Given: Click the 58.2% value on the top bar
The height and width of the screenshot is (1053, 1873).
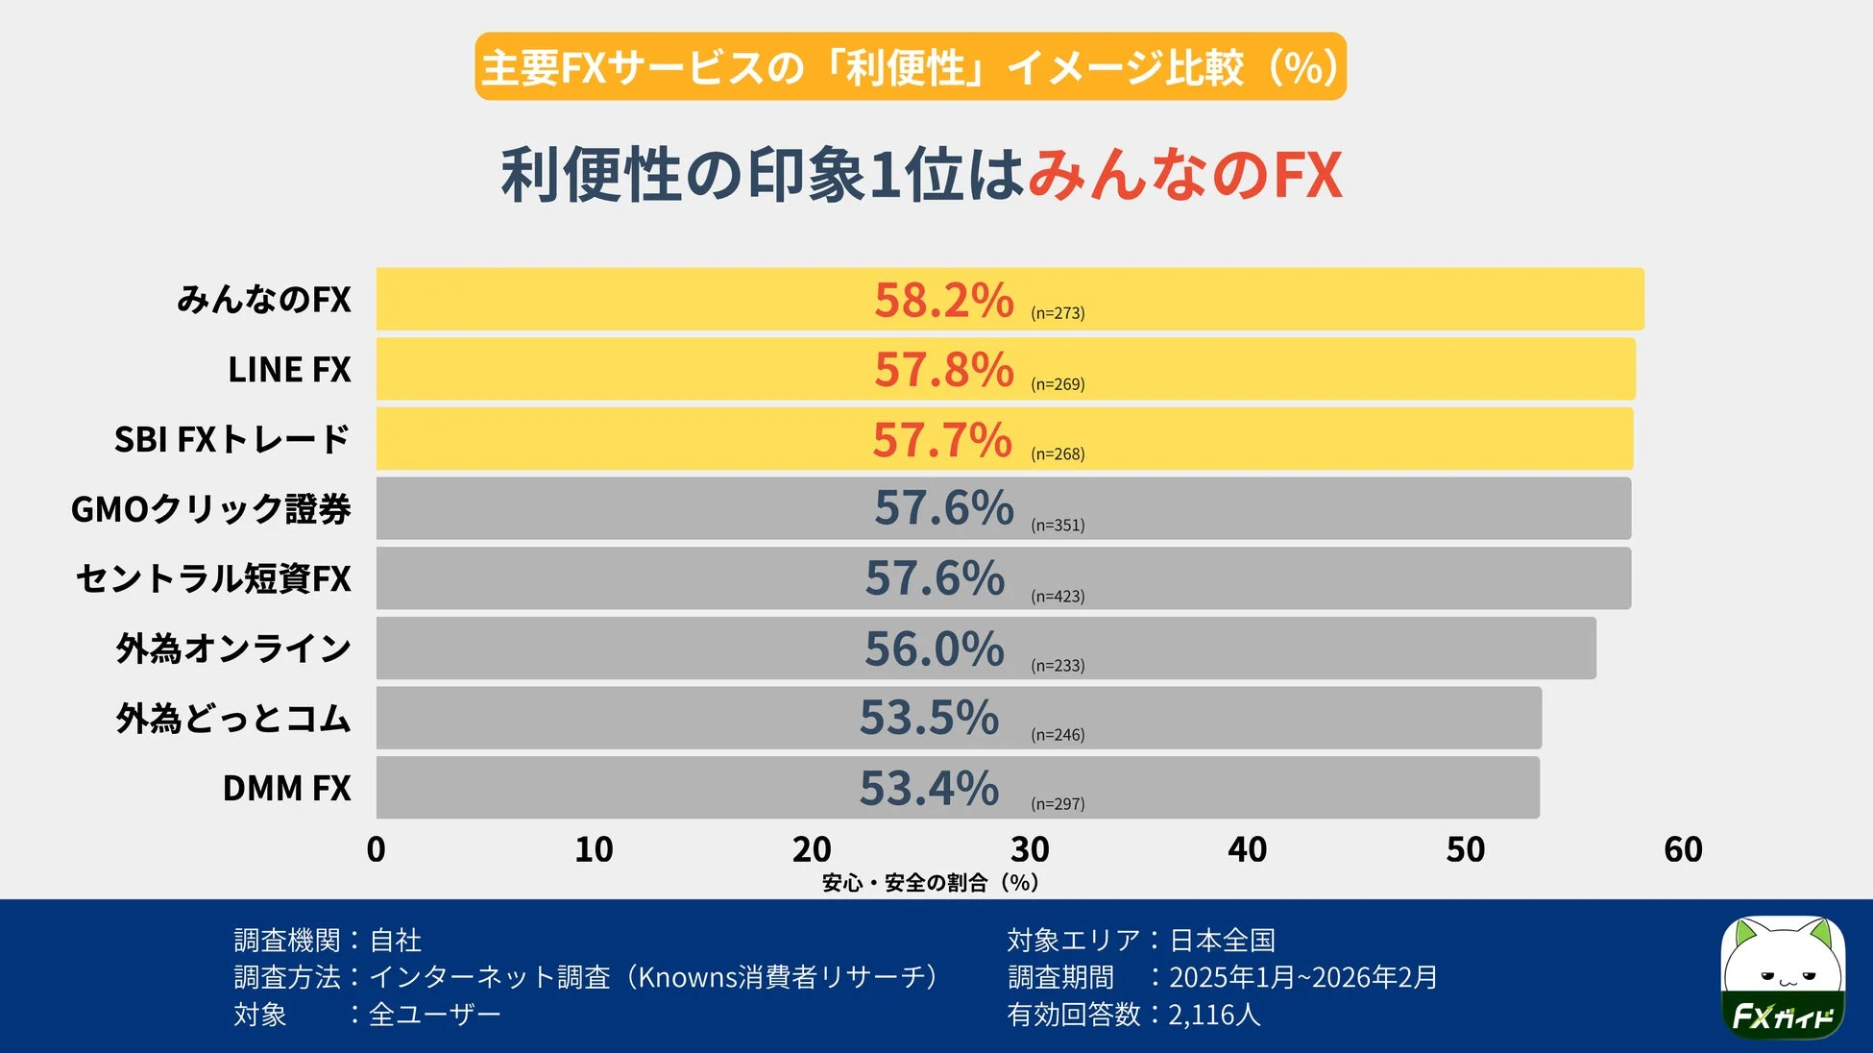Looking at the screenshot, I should [x=943, y=300].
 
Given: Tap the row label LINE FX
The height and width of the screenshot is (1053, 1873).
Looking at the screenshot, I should [x=289, y=370].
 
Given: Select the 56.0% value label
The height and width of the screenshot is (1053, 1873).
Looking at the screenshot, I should [x=934, y=649].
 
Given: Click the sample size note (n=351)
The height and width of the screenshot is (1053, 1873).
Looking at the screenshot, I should [x=1058, y=526].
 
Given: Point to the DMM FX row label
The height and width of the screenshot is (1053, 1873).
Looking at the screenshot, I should [x=286, y=789].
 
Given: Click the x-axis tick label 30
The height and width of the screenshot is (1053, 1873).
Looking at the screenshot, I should [x=1030, y=849].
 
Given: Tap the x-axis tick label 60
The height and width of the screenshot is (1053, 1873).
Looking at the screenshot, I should [x=1683, y=849].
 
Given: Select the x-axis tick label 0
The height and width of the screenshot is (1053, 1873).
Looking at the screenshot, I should [x=376, y=849].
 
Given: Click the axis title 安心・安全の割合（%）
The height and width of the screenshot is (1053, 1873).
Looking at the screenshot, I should [x=930, y=882].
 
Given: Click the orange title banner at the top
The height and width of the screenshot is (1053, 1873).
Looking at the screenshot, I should [x=910, y=67].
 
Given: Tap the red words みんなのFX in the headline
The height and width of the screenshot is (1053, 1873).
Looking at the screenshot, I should [x=1184, y=176].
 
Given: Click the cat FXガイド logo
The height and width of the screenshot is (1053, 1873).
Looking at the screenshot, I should [x=1782, y=977].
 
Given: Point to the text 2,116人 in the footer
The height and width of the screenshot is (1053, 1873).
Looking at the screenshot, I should [x=1214, y=1015].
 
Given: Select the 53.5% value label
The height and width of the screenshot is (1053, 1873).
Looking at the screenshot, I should [x=929, y=718].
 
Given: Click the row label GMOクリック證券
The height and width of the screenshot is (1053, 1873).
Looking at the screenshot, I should [x=211, y=509].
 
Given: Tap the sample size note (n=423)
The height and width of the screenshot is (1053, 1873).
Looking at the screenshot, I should [x=1058, y=597].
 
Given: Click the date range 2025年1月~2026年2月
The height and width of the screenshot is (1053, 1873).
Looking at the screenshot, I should [x=1302, y=977].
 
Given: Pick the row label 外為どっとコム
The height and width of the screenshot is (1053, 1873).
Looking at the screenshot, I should [x=233, y=719].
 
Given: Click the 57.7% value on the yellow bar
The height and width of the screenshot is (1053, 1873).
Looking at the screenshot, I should [x=941, y=440].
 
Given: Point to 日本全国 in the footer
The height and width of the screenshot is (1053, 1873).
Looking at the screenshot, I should [x=1222, y=940].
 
